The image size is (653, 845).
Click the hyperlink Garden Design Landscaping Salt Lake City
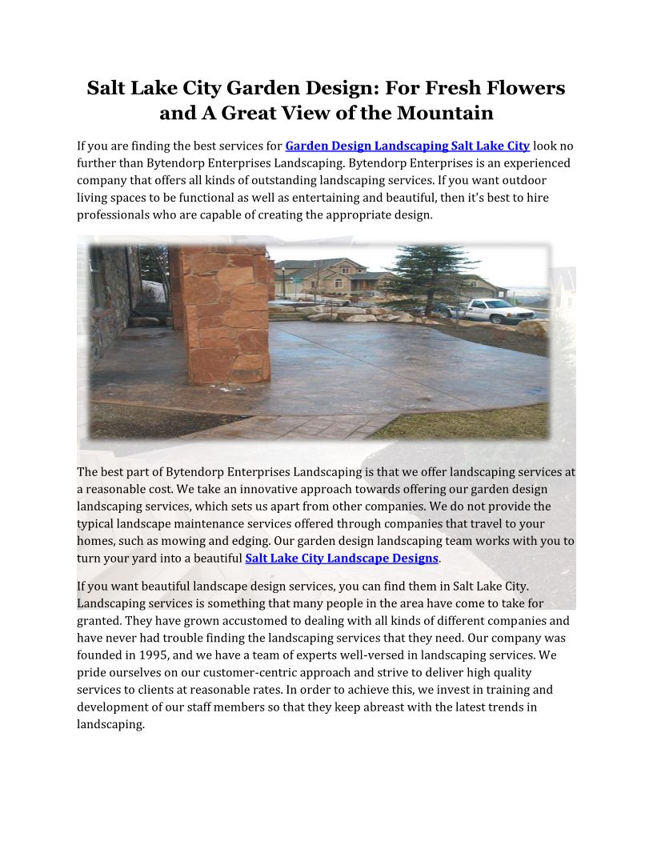tap(407, 146)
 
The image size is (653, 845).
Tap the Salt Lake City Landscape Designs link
tap(342, 558)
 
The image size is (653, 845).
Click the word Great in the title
tap(249, 113)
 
